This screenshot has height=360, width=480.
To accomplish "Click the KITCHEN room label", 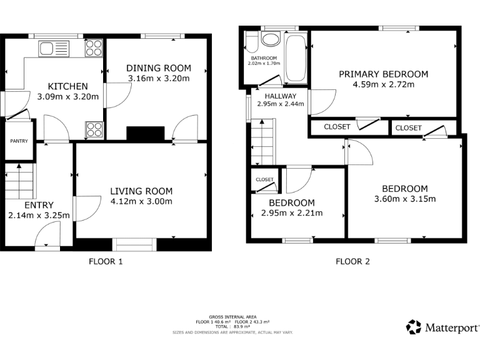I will pos(68,86).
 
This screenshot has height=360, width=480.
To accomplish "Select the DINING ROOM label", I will pos(159,68).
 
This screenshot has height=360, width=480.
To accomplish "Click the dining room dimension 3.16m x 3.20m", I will pos(159,79).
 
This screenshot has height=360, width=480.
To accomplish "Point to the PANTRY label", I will pos(19,141).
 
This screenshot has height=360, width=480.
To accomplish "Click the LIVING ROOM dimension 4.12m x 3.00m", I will pos(141,201).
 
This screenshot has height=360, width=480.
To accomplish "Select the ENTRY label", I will pos(39,205).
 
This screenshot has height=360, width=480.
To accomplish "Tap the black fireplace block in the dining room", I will pos(145,134).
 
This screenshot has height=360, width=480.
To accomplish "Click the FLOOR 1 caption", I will pos(106,262).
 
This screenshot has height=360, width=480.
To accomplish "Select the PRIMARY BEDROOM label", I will pos(383,74).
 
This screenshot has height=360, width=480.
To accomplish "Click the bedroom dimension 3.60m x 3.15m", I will pos(404,199).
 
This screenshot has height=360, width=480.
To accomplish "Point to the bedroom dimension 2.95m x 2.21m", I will pos(292,213).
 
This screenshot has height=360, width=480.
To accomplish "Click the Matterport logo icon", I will pos(414,327).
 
